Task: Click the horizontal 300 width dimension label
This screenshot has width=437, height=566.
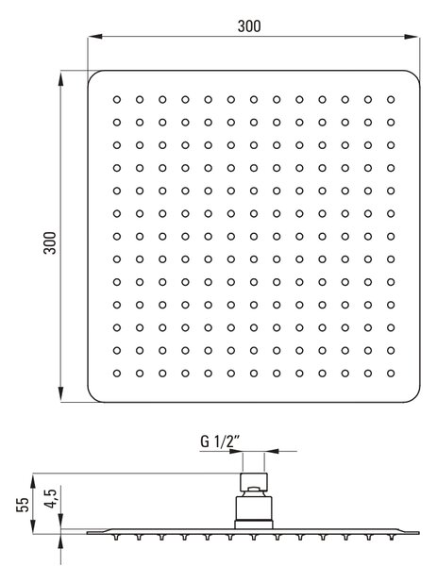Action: click(x=249, y=26)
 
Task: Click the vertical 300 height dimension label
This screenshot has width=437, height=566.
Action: click(x=50, y=243)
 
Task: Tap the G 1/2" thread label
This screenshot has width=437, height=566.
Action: click(x=220, y=441)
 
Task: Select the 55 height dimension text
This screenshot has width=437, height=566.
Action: click(x=23, y=505)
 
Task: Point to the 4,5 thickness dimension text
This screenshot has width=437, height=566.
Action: click(x=50, y=498)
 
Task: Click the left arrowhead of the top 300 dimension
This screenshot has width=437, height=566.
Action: click(x=95, y=37)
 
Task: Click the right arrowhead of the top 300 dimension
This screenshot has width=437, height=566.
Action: click(x=412, y=37)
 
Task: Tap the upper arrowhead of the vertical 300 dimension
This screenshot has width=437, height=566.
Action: click(x=61, y=78)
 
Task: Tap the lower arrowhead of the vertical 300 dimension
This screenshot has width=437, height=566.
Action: click(x=61, y=393)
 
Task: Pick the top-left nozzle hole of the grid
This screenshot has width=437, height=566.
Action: click(x=117, y=100)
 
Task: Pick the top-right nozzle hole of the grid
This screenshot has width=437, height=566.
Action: click(x=391, y=100)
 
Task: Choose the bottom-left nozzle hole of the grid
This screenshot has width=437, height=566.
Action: click(x=117, y=374)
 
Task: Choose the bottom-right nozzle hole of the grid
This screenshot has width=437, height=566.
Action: click(x=391, y=374)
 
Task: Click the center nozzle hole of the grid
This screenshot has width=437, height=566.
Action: click(x=254, y=237)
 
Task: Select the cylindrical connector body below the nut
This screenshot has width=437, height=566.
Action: click(x=254, y=508)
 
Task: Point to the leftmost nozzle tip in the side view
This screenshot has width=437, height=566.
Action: click(x=116, y=537)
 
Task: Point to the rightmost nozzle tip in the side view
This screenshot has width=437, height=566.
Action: click(x=391, y=537)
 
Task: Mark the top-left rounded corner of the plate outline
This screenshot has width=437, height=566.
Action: click(x=92, y=75)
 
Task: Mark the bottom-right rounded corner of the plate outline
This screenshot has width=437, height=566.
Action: click(x=415, y=398)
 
